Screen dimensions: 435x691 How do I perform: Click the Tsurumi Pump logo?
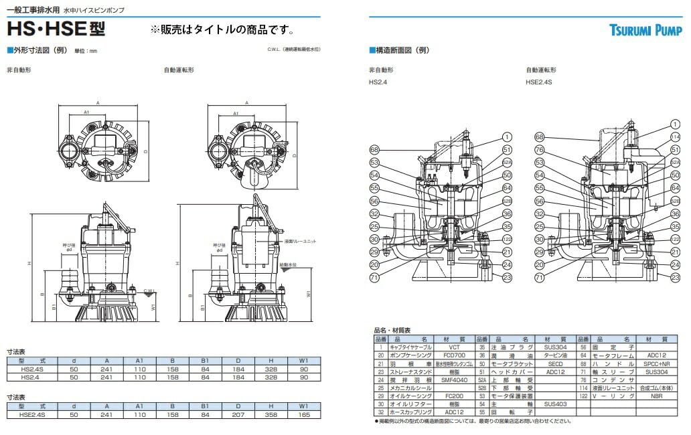point(645,29)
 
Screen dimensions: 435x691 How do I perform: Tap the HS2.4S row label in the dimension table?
point(33,368)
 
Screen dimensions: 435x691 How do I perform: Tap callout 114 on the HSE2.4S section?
point(675,137)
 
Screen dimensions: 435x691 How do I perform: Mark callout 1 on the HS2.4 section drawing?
point(508,137)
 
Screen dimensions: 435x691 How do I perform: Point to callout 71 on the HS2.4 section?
point(374,276)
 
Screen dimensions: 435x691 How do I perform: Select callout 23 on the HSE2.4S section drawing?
point(675,276)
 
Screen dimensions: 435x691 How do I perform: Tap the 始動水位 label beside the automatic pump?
point(289,264)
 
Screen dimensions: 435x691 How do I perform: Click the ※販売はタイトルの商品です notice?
point(222,30)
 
